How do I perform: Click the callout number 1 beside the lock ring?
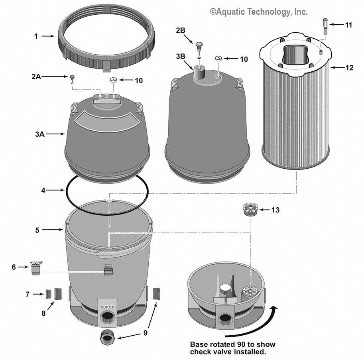point(36,36)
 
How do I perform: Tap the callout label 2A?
point(36,77)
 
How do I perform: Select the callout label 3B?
point(180,56)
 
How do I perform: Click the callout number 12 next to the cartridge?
point(349,68)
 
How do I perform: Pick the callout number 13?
point(275,210)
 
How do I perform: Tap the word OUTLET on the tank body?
point(107,307)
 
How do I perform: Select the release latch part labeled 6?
point(36,268)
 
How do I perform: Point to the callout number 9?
point(145,332)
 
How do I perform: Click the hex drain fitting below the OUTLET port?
point(108,338)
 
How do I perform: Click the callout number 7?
point(27,294)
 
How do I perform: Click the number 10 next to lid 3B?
point(243,59)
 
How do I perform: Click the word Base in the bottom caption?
point(198,344)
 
